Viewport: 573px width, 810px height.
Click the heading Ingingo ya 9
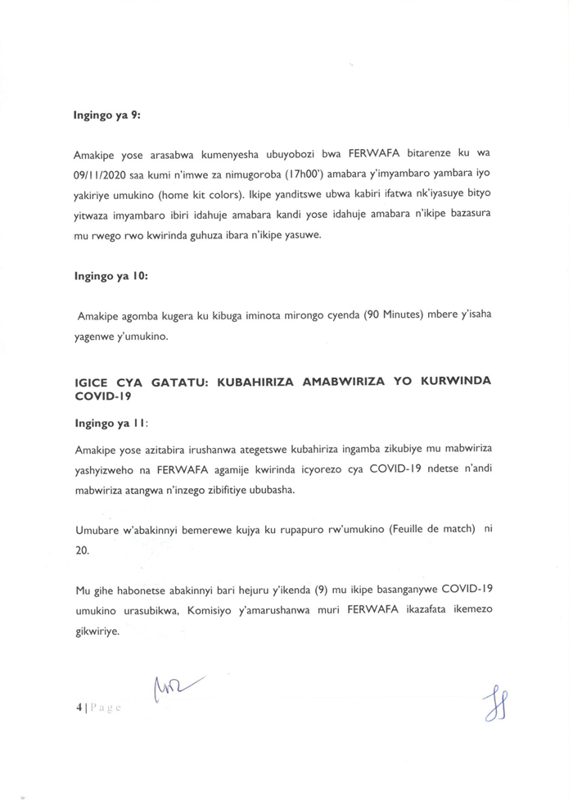[107, 115]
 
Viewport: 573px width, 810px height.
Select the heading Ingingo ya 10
[110, 276]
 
